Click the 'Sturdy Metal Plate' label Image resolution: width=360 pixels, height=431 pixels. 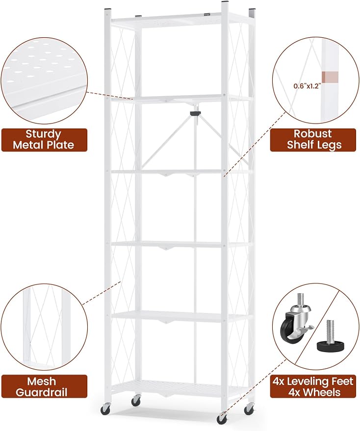(44, 140)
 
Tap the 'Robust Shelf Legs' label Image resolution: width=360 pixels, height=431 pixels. (314, 139)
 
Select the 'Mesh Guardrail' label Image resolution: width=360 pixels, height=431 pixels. (44, 386)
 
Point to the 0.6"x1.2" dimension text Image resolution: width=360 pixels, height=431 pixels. (307, 86)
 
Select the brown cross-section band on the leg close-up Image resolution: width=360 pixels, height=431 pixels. (330, 77)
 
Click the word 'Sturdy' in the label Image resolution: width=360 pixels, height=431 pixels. (43, 134)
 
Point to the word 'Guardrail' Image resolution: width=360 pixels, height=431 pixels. (42, 392)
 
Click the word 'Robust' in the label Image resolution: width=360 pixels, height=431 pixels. (313, 133)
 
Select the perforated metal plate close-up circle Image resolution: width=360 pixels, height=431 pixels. (44, 81)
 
